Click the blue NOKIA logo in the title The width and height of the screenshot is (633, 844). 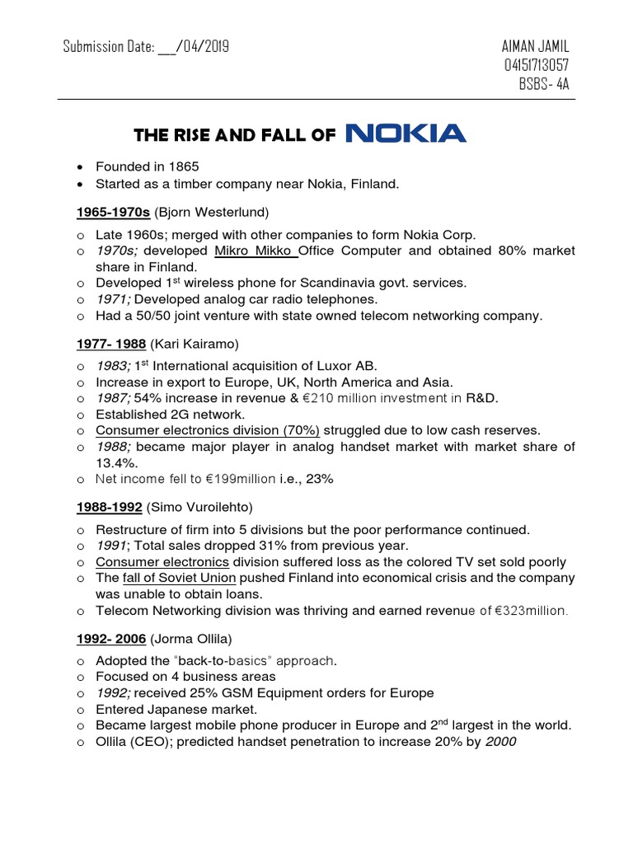pyautogui.click(x=406, y=134)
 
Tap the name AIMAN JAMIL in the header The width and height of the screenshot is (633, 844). pyautogui.click(x=535, y=46)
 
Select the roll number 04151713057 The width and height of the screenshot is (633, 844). pyautogui.click(x=535, y=65)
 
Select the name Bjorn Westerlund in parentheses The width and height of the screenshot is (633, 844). pyautogui.click(x=206, y=213)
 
